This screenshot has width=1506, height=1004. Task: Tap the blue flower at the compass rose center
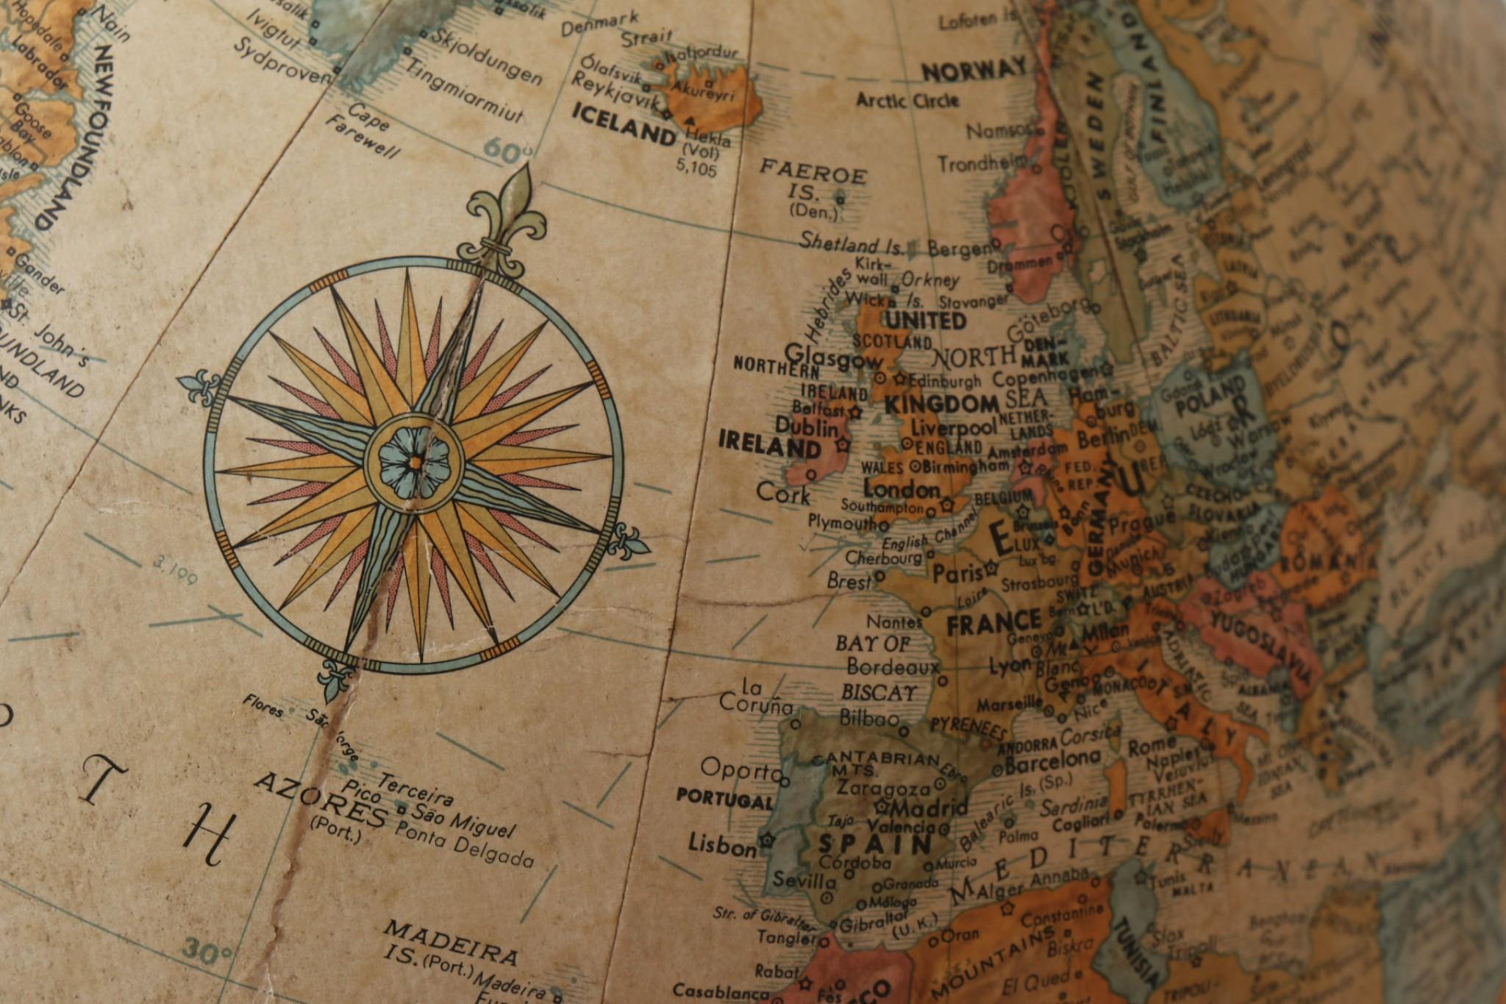(x=414, y=461)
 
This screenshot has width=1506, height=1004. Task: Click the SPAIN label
(x=875, y=844)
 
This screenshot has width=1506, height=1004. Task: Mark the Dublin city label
(x=807, y=427)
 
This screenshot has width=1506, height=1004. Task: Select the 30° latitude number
(x=207, y=950)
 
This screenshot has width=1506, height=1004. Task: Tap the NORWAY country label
(x=974, y=71)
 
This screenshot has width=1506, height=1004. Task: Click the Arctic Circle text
(x=907, y=99)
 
